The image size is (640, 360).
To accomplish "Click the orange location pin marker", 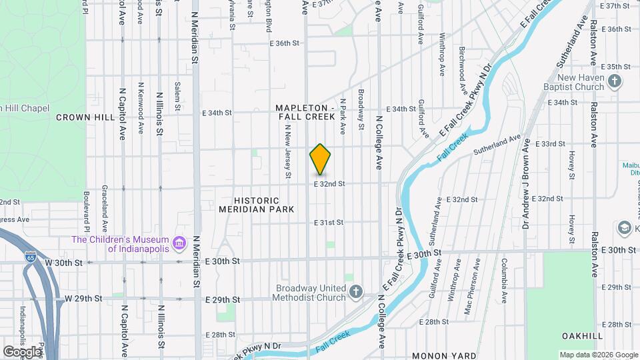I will tap(321, 159).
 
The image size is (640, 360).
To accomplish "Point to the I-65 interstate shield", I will tap(30, 255).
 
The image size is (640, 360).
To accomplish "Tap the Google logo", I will tap(22, 351).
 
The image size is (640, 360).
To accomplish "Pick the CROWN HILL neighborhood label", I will tap(83, 117).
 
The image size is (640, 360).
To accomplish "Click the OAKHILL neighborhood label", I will tap(582, 335).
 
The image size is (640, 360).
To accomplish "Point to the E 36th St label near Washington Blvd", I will tap(285, 43).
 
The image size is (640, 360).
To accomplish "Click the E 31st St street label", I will tap(329, 222).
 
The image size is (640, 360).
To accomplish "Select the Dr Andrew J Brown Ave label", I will tap(526, 183).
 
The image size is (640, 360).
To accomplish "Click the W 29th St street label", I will tap(83, 298).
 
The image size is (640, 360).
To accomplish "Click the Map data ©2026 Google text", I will tap(597, 355).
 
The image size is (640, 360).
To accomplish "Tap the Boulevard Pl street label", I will tap(87, 208).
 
